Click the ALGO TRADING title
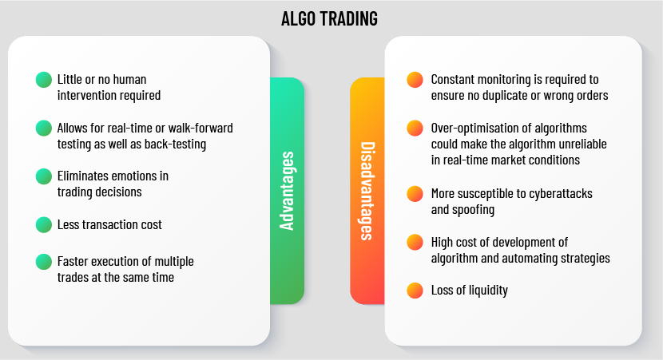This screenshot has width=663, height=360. coord(329,18)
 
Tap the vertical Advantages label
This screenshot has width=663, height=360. coord(287,191)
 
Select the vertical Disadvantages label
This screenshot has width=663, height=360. coord(367,191)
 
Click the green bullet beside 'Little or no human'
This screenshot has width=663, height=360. coord(44,80)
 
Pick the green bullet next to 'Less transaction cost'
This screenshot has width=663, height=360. coord(44,225)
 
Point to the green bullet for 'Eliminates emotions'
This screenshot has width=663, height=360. coord(44,176)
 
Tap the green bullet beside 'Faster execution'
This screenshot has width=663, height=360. coord(44,262)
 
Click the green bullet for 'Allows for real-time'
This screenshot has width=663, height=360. coord(44,128)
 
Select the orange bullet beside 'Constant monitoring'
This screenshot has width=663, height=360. coord(415,80)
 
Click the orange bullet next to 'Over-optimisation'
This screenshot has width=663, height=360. coord(415,128)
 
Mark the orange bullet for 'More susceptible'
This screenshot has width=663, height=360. coord(415,193)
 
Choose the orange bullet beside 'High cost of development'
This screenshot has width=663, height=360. coord(415,242)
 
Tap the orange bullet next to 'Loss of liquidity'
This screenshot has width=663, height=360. coord(415,291)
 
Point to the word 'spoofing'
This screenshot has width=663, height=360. coord(474,210)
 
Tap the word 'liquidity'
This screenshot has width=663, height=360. coord(488,291)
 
